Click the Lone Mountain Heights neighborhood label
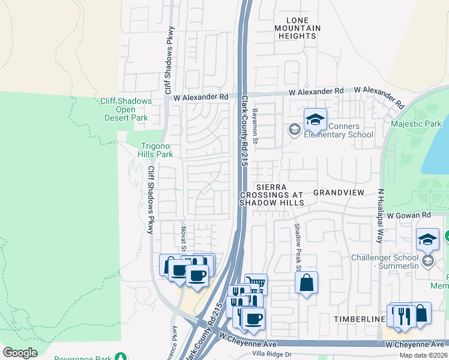click(297, 28)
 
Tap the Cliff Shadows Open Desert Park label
click(125, 109)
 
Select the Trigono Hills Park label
click(157, 150)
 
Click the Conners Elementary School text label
click(339, 130)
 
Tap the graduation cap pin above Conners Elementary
click(315, 120)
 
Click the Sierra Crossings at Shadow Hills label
click(273, 195)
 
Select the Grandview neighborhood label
click(339, 193)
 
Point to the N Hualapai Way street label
click(380, 215)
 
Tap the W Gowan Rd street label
click(409, 215)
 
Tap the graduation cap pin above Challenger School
click(427, 239)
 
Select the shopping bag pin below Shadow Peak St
click(306, 283)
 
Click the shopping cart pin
click(256, 283)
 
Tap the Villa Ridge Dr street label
click(271, 354)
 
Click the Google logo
click(20, 353)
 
